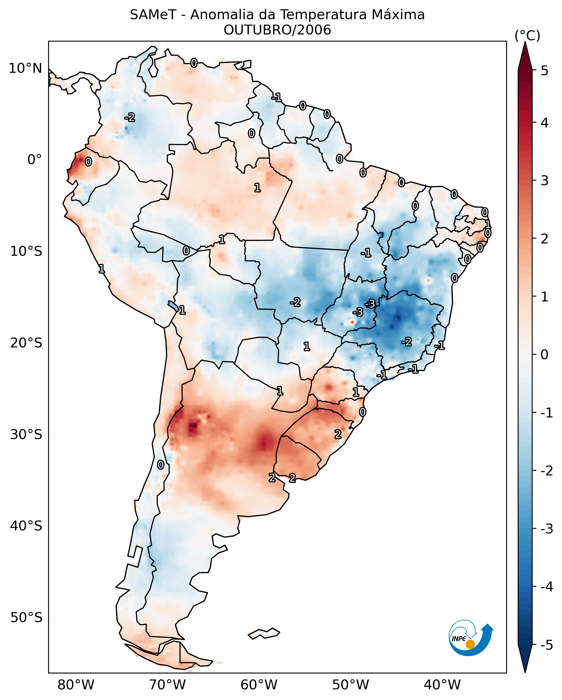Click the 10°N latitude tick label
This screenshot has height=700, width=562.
point(25,68)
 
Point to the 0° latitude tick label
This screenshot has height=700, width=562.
point(34,160)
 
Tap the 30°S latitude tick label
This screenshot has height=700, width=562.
point(26,434)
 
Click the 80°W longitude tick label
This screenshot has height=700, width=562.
point(76,685)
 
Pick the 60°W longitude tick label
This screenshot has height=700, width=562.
point(259,685)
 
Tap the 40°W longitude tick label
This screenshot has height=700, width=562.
point(442,685)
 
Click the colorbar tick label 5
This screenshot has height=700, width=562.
point(544,71)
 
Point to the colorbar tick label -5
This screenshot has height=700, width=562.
point(546,645)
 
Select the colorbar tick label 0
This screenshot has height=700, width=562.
point(544,354)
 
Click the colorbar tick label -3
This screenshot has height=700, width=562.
point(546,529)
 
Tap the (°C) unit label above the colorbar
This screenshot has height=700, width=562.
point(527,36)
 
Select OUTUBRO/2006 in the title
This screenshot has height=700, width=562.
point(277,30)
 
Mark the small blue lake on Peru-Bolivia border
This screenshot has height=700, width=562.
point(173,306)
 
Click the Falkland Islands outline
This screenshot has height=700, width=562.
point(264,634)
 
